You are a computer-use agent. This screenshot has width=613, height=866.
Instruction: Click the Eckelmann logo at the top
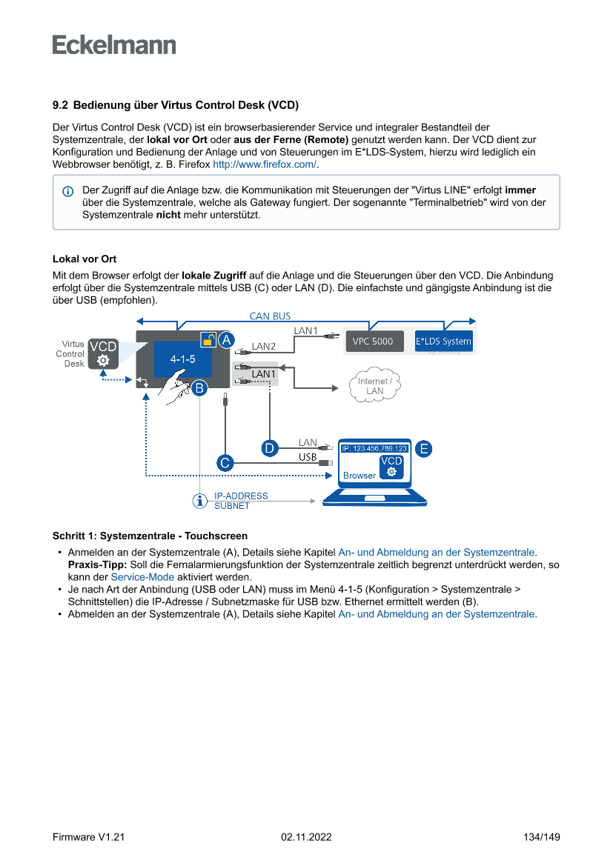click(x=114, y=44)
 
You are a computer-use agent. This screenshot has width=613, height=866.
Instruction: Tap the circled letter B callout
click(x=199, y=387)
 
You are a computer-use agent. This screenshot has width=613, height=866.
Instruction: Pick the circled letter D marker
click(x=269, y=448)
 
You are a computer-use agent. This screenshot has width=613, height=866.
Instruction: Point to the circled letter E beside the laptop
click(x=423, y=448)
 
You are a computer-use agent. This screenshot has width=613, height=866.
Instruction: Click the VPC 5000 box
click(x=374, y=342)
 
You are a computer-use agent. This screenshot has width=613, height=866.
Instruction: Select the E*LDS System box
click(x=443, y=342)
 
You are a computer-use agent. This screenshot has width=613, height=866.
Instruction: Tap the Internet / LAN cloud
click(x=374, y=386)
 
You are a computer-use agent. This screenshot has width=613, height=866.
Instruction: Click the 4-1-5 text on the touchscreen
click(x=182, y=359)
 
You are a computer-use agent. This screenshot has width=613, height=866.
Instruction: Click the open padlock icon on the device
click(x=208, y=340)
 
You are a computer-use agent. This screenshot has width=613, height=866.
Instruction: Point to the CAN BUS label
click(x=270, y=316)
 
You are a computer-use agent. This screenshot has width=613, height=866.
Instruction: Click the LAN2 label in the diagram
click(x=264, y=346)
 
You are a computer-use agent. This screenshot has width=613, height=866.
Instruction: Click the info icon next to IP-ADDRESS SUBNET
click(x=199, y=501)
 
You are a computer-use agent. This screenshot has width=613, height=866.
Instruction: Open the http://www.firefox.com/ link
click(x=265, y=164)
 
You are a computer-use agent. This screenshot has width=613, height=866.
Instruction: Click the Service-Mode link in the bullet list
click(x=142, y=577)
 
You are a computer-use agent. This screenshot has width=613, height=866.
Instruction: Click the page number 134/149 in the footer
click(x=541, y=837)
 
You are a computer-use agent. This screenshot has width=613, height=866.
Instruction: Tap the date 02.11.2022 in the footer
click(x=306, y=837)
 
